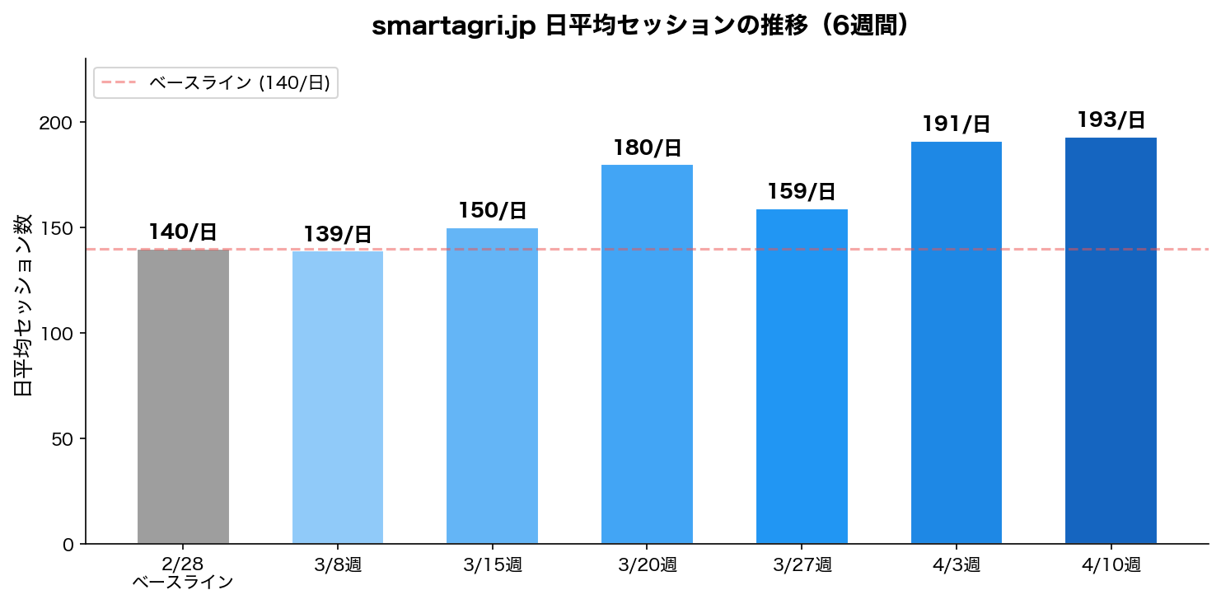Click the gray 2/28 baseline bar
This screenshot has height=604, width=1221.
click(x=183, y=396)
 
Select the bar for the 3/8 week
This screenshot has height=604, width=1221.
click(x=338, y=397)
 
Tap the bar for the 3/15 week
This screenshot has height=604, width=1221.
click(x=492, y=386)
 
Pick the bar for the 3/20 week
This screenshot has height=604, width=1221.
click(x=647, y=354)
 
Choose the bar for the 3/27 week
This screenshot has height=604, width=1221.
click(x=802, y=376)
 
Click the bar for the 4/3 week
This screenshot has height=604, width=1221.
click(x=956, y=342)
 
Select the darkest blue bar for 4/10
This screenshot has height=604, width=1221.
click(x=1111, y=340)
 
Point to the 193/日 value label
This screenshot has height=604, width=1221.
click(x=1111, y=120)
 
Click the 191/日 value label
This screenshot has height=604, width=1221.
click(x=956, y=124)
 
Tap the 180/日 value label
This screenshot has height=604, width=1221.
click(x=647, y=148)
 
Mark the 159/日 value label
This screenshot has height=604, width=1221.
click(x=802, y=192)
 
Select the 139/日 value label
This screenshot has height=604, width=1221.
click(x=338, y=235)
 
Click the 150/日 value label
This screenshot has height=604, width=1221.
click(x=492, y=211)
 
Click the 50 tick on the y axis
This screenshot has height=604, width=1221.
click(x=63, y=438)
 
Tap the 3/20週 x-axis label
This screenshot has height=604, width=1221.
click(x=647, y=565)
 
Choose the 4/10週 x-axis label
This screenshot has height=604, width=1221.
click(x=1111, y=565)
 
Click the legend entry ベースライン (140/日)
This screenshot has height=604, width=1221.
click(x=239, y=82)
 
